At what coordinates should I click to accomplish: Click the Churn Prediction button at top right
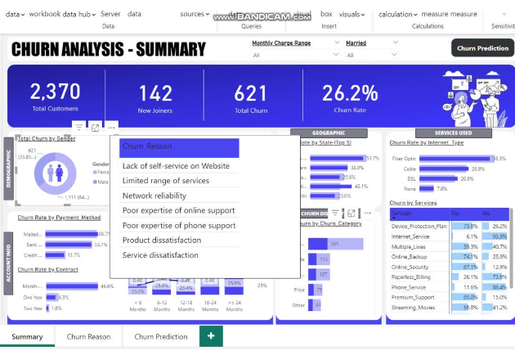482,48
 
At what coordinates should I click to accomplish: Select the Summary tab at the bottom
27,336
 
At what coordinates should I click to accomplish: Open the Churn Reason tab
88,336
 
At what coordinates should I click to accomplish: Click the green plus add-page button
211,336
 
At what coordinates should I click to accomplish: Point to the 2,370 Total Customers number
56,92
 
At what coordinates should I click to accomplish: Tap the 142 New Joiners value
155,92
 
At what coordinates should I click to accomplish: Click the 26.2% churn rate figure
349,92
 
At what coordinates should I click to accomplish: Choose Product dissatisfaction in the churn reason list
161,240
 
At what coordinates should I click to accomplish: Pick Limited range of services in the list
165,181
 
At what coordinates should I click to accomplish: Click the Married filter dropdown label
356,43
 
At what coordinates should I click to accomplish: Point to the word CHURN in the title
47,50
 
